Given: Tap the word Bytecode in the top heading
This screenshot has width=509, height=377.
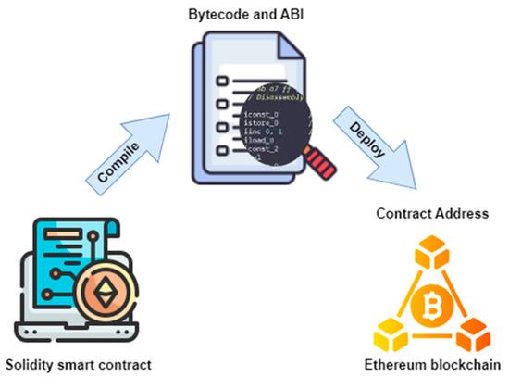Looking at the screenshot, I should [x=217, y=13].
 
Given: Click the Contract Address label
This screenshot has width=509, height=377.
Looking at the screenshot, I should [x=431, y=213].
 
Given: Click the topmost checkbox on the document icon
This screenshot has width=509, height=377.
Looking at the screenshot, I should [x=222, y=81].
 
